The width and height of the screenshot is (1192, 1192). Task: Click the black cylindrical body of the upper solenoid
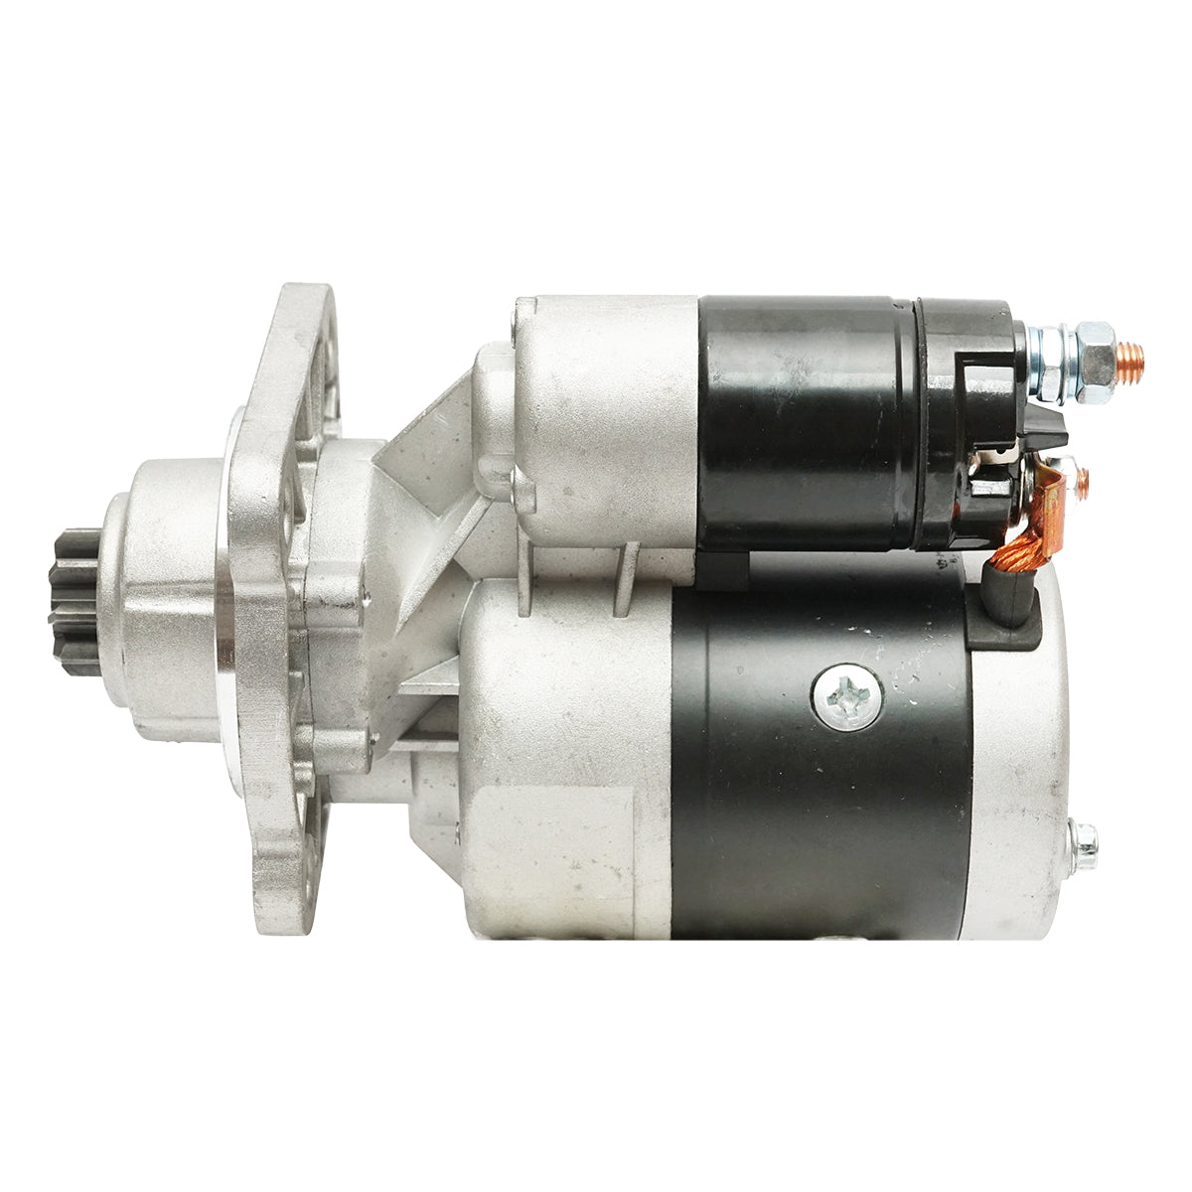[x=805, y=422]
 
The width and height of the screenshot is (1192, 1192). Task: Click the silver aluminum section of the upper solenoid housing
[x=606, y=417]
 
